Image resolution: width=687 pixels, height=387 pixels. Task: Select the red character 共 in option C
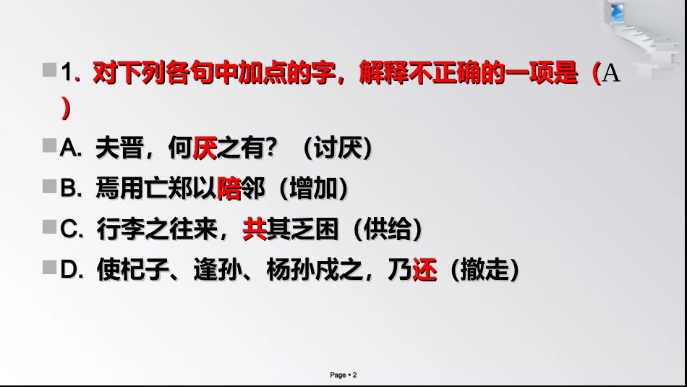[254, 230]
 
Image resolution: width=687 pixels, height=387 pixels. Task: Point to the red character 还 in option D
[424, 271]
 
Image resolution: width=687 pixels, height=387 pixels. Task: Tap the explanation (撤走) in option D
[484, 271]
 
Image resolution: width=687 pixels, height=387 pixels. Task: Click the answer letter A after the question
[611, 75]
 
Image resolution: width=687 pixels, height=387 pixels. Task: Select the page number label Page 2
[343, 375]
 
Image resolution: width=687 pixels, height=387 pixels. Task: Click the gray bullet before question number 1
[49, 70]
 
